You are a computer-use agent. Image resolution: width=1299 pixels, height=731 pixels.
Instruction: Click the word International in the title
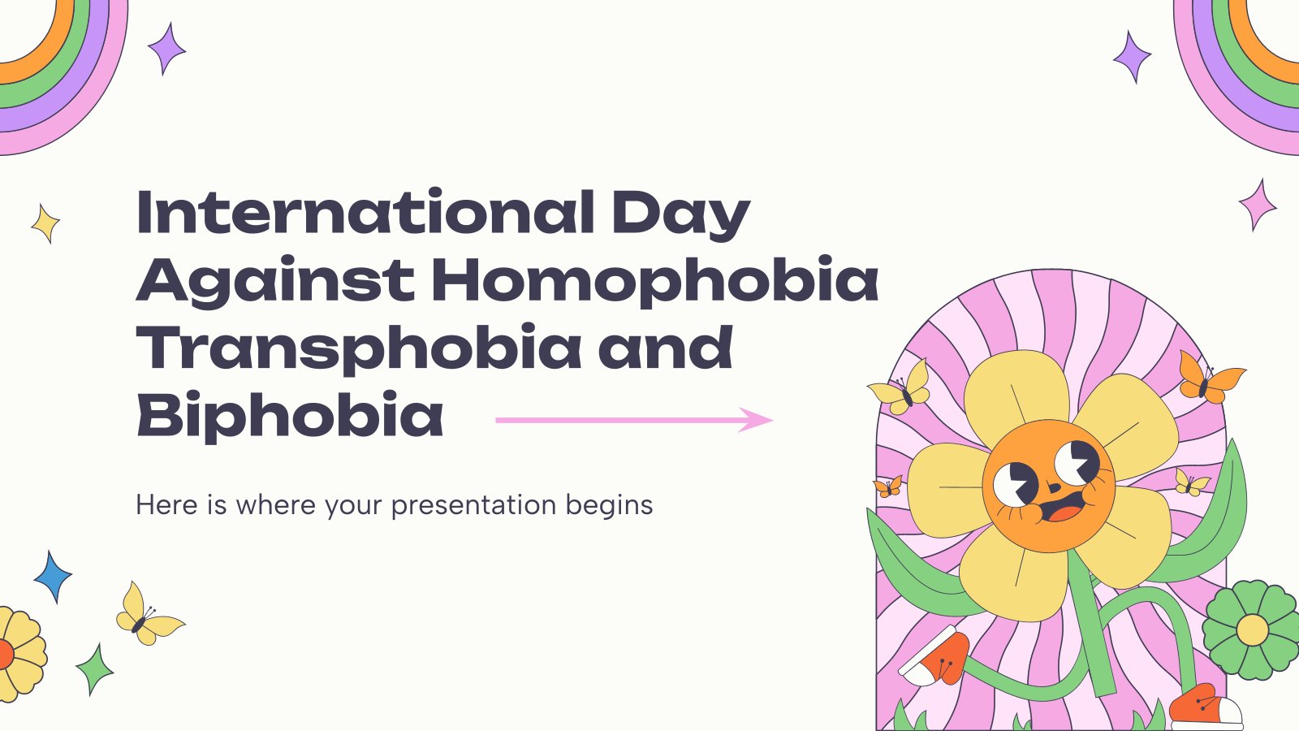coord(366,211)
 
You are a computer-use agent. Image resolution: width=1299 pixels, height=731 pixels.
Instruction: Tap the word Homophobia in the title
coord(655,280)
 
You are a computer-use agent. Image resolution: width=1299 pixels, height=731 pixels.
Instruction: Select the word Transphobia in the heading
coord(358,348)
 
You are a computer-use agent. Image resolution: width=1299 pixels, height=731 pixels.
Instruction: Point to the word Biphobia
coord(290,415)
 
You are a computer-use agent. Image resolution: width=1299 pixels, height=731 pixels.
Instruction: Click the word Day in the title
coord(681,214)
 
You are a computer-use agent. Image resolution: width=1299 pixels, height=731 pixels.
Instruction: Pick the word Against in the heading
coord(275,282)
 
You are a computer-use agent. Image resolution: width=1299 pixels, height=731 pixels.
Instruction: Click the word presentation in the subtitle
coord(473,506)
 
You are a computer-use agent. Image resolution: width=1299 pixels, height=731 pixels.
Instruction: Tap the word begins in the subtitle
coord(609,506)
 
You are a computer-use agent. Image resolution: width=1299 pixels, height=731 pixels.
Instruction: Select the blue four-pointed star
coord(53,577)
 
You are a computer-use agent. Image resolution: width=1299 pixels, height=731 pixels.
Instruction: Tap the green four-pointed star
coord(95,669)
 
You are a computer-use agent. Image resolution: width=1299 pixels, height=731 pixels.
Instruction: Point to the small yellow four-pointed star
coord(45,223)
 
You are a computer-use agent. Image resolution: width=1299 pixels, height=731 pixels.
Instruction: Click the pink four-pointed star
coord(1258,205)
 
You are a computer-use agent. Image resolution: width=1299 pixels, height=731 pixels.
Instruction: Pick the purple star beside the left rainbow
coord(167,49)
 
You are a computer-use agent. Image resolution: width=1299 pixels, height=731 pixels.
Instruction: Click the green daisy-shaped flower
coord(1252,629)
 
